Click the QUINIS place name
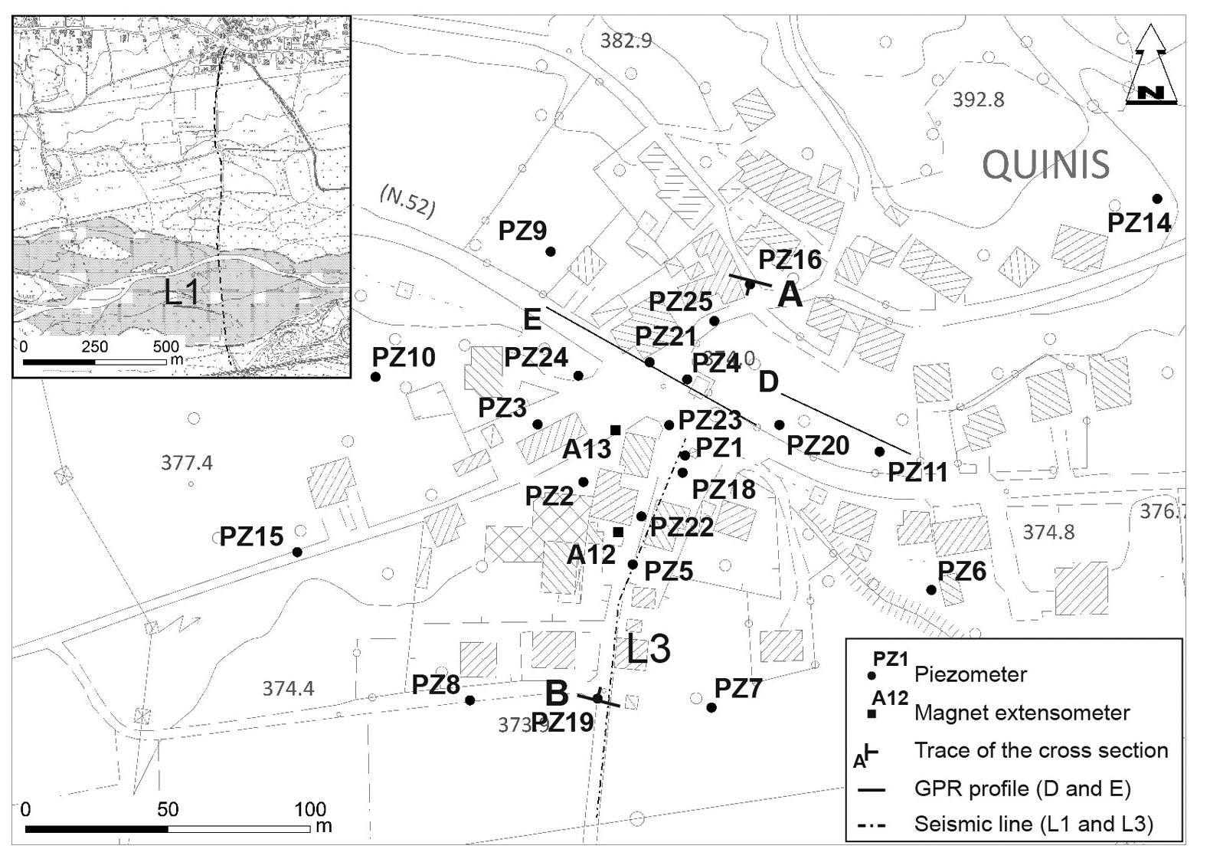tap(1045, 164)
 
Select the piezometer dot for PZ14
tap(1157, 199)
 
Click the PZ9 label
tap(522, 231)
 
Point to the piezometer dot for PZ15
tap(297, 552)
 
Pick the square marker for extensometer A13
tap(615, 430)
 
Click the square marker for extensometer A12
tap(619, 532)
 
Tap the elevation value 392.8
tap(978, 100)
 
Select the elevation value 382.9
tap(626, 41)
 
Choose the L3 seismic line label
tap(649, 649)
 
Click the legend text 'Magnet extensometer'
tap(1022, 713)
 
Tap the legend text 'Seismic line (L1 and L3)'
tap(1033, 824)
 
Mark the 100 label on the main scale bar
tap(310, 809)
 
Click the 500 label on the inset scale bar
tap(165, 346)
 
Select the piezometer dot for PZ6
tap(931, 590)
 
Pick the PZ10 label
tap(404, 357)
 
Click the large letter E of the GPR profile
tap(532, 319)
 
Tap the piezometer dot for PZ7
tap(711, 707)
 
